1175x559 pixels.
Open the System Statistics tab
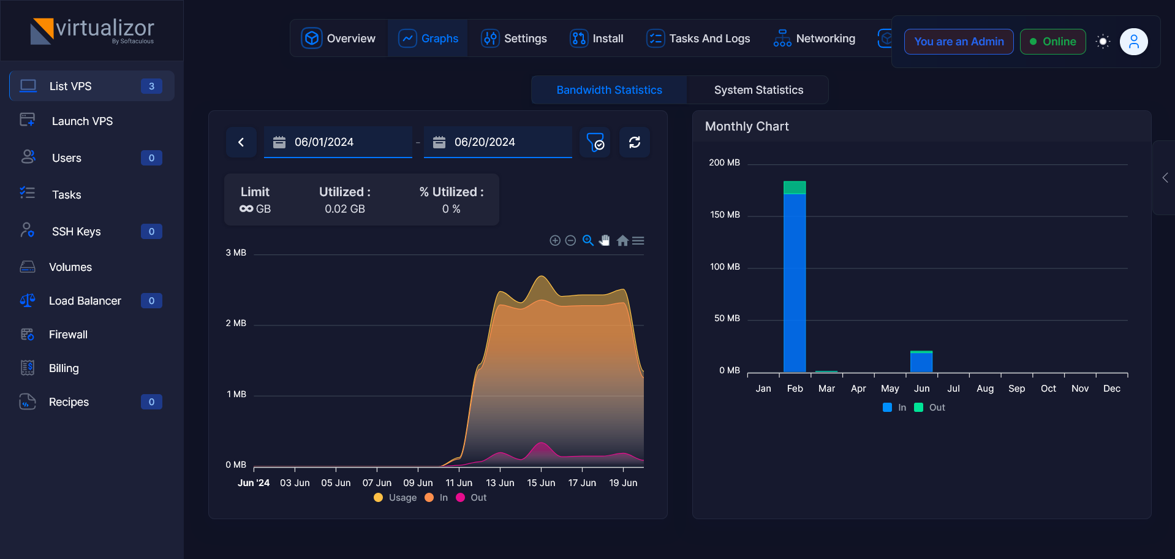click(x=758, y=90)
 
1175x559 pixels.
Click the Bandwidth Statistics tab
click(x=609, y=90)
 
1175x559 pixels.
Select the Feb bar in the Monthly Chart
click(x=795, y=276)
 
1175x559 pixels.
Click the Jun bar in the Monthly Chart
click(x=921, y=362)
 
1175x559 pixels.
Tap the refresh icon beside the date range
click(x=635, y=142)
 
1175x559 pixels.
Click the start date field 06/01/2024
click(x=338, y=142)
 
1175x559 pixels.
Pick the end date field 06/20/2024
click(x=498, y=142)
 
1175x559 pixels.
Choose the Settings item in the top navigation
click(x=514, y=39)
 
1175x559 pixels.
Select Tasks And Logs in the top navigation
click(x=698, y=39)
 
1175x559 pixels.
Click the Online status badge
click(x=1052, y=42)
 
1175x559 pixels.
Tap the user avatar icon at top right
click(x=1134, y=42)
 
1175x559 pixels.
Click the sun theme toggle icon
click(x=1103, y=42)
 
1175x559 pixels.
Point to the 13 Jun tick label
click(x=500, y=483)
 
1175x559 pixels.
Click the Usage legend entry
click(x=395, y=498)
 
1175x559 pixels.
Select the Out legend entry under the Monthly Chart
click(x=929, y=408)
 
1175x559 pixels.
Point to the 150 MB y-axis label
click(x=725, y=215)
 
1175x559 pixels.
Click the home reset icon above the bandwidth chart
click(x=622, y=241)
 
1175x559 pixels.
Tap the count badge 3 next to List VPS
click(x=151, y=86)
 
